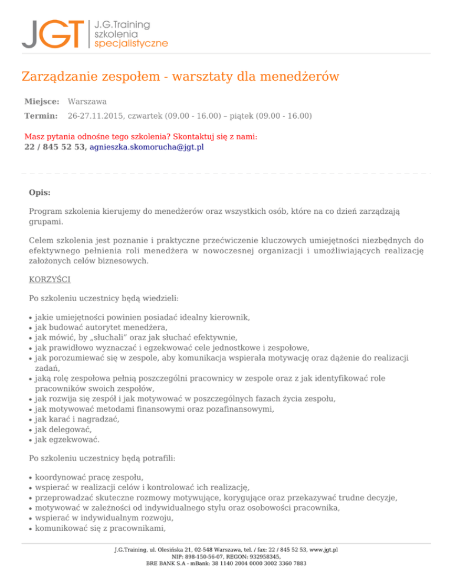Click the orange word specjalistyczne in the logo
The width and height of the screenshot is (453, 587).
pyautogui.click(x=130, y=43)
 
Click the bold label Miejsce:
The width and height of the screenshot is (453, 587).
pyautogui.click(x=42, y=102)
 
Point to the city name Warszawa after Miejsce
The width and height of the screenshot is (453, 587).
pyautogui.click(x=87, y=102)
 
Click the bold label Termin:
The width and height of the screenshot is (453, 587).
pyautogui.click(x=41, y=116)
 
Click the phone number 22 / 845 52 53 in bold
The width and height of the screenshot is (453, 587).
pyautogui.click(x=55, y=147)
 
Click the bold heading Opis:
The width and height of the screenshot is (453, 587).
pyautogui.click(x=40, y=193)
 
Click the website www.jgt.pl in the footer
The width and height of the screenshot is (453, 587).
pyautogui.click(x=324, y=549)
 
